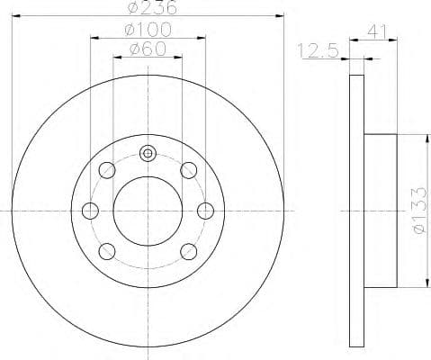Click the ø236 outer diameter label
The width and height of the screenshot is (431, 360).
click(148, 9)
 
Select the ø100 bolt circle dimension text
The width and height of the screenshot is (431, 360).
click(148, 29)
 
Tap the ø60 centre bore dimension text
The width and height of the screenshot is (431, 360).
click(148, 49)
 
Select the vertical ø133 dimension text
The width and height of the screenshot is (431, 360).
click(416, 210)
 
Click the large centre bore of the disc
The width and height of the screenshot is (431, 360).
click(148, 210)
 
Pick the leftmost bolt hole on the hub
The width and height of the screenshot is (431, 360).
click(90, 210)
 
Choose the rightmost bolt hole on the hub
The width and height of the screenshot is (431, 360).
click(205, 210)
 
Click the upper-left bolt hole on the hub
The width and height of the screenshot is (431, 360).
click(107, 169)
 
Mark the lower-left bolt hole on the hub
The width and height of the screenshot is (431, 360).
click(107, 250)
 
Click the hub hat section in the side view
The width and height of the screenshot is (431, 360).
click(380, 210)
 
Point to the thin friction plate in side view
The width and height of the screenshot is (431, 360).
click(355, 210)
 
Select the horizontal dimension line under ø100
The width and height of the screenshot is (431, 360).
click(148, 38)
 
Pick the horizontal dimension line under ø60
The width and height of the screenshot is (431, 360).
click(148, 58)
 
